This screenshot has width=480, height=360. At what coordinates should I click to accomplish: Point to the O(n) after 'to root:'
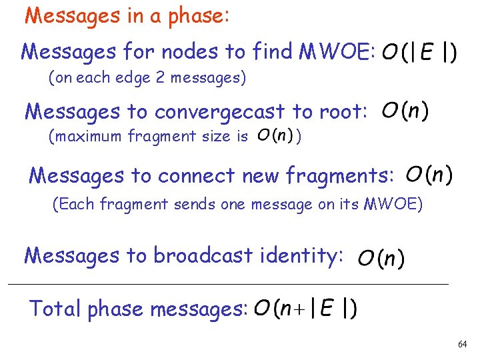pyautogui.click(x=405, y=111)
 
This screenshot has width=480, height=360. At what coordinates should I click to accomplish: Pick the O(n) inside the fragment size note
pyautogui.click(x=273, y=137)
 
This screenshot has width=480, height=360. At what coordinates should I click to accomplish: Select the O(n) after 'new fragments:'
pyautogui.click(x=429, y=175)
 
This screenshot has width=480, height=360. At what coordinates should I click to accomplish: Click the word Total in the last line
pyautogui.click(x=55, y=309)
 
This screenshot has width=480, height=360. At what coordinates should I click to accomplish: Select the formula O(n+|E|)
pyautogui.click(x=305, y=309)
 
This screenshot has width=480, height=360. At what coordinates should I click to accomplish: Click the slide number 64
pyautogui.click(x=462, y=344)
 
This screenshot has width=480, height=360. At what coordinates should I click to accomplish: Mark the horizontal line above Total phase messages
pyautogui.click(x=227, y=285)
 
